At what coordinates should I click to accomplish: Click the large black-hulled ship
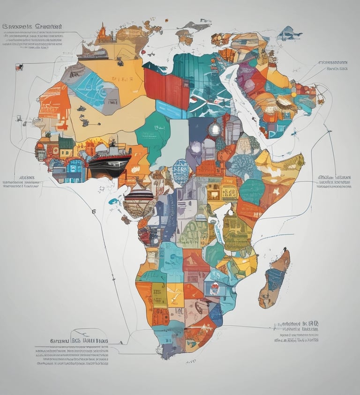click(x=109, y=164)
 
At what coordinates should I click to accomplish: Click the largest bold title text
click(x=33, y=27)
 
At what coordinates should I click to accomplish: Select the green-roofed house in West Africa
click(x=66, y=143)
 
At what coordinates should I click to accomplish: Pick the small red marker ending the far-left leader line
click(x=18, y=67)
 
